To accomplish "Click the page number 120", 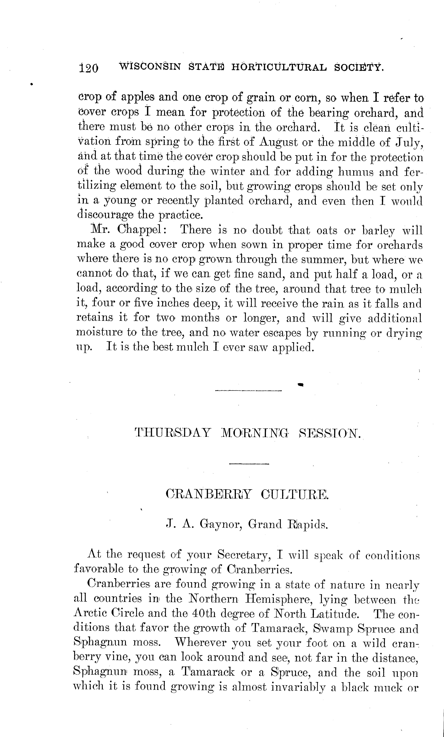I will coord(89,68).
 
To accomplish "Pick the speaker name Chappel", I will coord(139,230).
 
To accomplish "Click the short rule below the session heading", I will coord(249,464).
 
